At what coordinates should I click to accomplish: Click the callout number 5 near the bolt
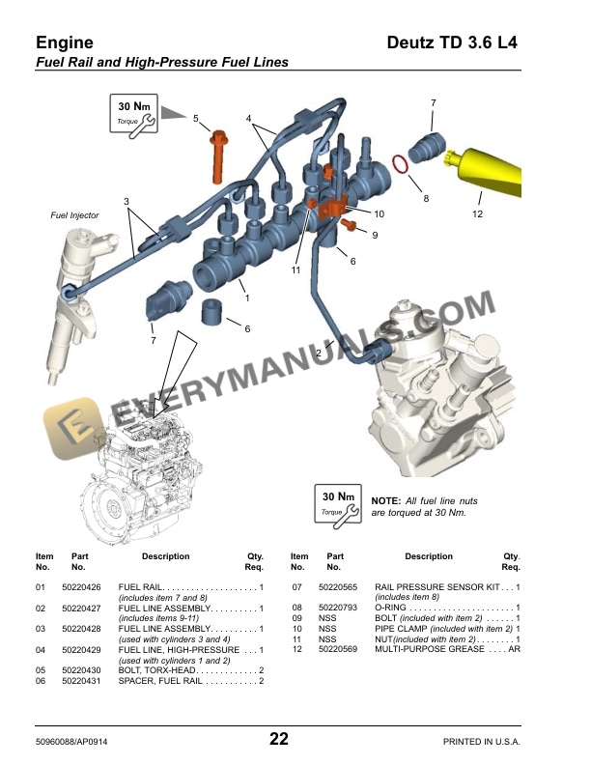[195, 119]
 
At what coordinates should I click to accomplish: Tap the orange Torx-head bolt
[218, 155]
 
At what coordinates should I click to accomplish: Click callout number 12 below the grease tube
[477, 213]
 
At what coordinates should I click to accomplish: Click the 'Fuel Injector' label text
[74, 215]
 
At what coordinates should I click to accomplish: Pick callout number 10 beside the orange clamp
[380, 213]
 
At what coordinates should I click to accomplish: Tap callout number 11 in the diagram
[296, 270]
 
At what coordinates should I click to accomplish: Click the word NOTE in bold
[386, 501]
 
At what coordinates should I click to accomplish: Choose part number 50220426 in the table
[81, 587]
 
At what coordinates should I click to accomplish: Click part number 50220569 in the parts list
[338, 649]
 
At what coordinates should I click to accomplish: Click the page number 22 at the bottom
[278, 739]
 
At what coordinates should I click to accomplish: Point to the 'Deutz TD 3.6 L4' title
[452, 42]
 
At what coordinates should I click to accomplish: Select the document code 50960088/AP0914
[80, 741]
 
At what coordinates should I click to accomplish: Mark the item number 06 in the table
[41, 682]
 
